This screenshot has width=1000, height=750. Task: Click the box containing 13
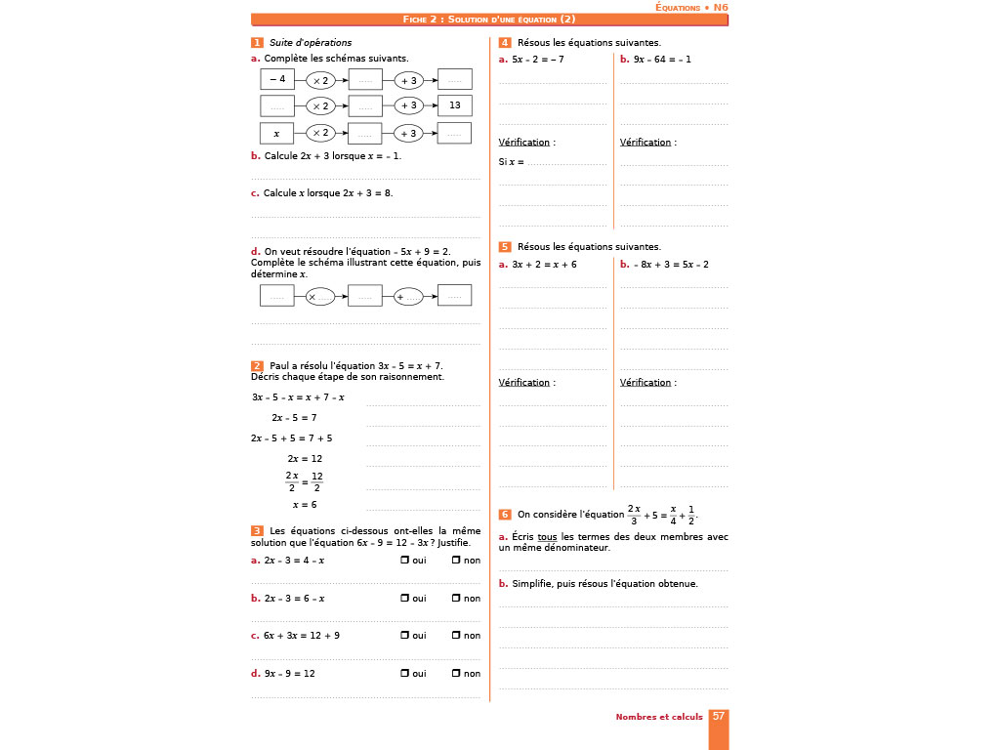454,105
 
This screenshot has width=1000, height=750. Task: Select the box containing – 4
277,79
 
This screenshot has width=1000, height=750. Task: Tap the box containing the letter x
277,133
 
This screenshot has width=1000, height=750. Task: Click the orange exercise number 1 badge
257,43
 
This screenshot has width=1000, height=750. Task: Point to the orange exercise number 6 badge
504,514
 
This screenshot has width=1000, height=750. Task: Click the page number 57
718,716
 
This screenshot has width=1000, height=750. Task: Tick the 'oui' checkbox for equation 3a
404,561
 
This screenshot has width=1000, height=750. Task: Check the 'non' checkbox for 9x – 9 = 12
456,673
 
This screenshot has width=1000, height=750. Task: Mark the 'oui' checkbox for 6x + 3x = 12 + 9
404,636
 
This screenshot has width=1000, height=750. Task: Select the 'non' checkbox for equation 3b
456,599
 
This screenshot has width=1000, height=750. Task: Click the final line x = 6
305,505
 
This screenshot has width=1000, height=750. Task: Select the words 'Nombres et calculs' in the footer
658,717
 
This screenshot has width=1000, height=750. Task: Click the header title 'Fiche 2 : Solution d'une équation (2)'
489,20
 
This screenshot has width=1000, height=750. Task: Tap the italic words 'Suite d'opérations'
311,43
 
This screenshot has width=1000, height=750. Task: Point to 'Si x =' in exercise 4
511,162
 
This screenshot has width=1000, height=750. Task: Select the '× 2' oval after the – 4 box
321,80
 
